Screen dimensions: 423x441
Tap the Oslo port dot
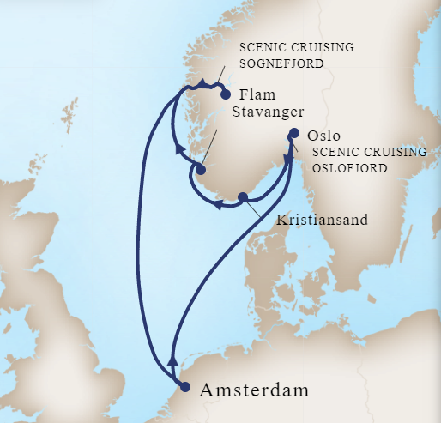[294, 134]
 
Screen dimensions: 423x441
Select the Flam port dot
[226, 95]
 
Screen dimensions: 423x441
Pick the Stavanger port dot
[200, 170]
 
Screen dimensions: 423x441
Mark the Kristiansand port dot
[243, 196]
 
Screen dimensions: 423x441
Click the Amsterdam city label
[254, 391]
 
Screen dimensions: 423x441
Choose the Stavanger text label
[269, 111]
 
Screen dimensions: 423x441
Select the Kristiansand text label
[322, 220]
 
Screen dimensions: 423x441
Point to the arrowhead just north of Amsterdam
[174, 359]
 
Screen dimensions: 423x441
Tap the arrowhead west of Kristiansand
[220, 205]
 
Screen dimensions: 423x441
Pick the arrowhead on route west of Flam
[200, 84]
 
